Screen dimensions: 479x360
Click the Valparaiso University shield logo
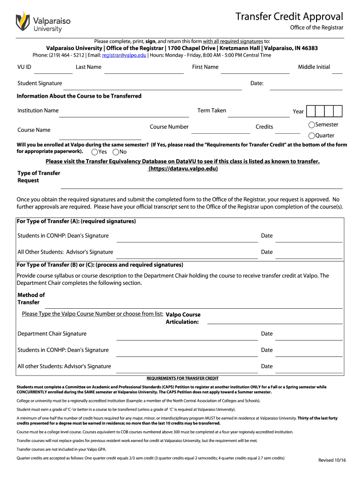(x=23, y=21)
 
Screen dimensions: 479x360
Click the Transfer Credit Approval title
(x=289, y=17)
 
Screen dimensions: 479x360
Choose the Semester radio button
(x=311, y=125)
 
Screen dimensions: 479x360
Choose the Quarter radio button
(x=311, y=136)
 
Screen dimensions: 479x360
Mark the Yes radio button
(x=95, y=152)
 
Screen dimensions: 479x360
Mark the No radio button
(x=116, y=152)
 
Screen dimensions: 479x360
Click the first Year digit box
(x=312, y=111)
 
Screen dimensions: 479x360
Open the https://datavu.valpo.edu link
(x=183, y=169)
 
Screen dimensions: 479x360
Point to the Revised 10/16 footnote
(x=332, y=460)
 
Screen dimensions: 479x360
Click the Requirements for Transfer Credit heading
(x=182, y=378)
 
